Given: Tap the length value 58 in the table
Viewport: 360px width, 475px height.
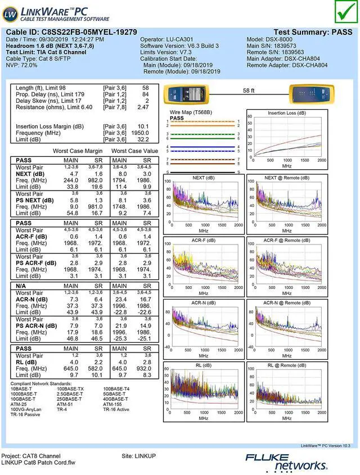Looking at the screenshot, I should tap(146, 88).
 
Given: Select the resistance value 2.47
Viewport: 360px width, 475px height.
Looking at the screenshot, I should tap(143, 107).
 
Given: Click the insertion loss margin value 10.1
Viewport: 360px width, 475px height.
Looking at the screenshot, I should tap(143, 126).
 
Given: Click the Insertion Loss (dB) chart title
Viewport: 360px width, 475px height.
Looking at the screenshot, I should tap(287, 113).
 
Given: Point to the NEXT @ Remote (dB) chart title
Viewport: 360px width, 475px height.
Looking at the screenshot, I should tap(287, 178).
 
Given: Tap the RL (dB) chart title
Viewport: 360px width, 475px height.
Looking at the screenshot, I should tap(203, 365).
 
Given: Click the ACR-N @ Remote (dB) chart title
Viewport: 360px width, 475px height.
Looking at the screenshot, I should tap(287, 303).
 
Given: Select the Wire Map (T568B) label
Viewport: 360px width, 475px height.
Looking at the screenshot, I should tap(191, 112).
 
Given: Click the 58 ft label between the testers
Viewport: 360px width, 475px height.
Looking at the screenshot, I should tap(249, 90).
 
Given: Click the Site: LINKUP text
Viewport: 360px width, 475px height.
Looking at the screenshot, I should tap(138, 455).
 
